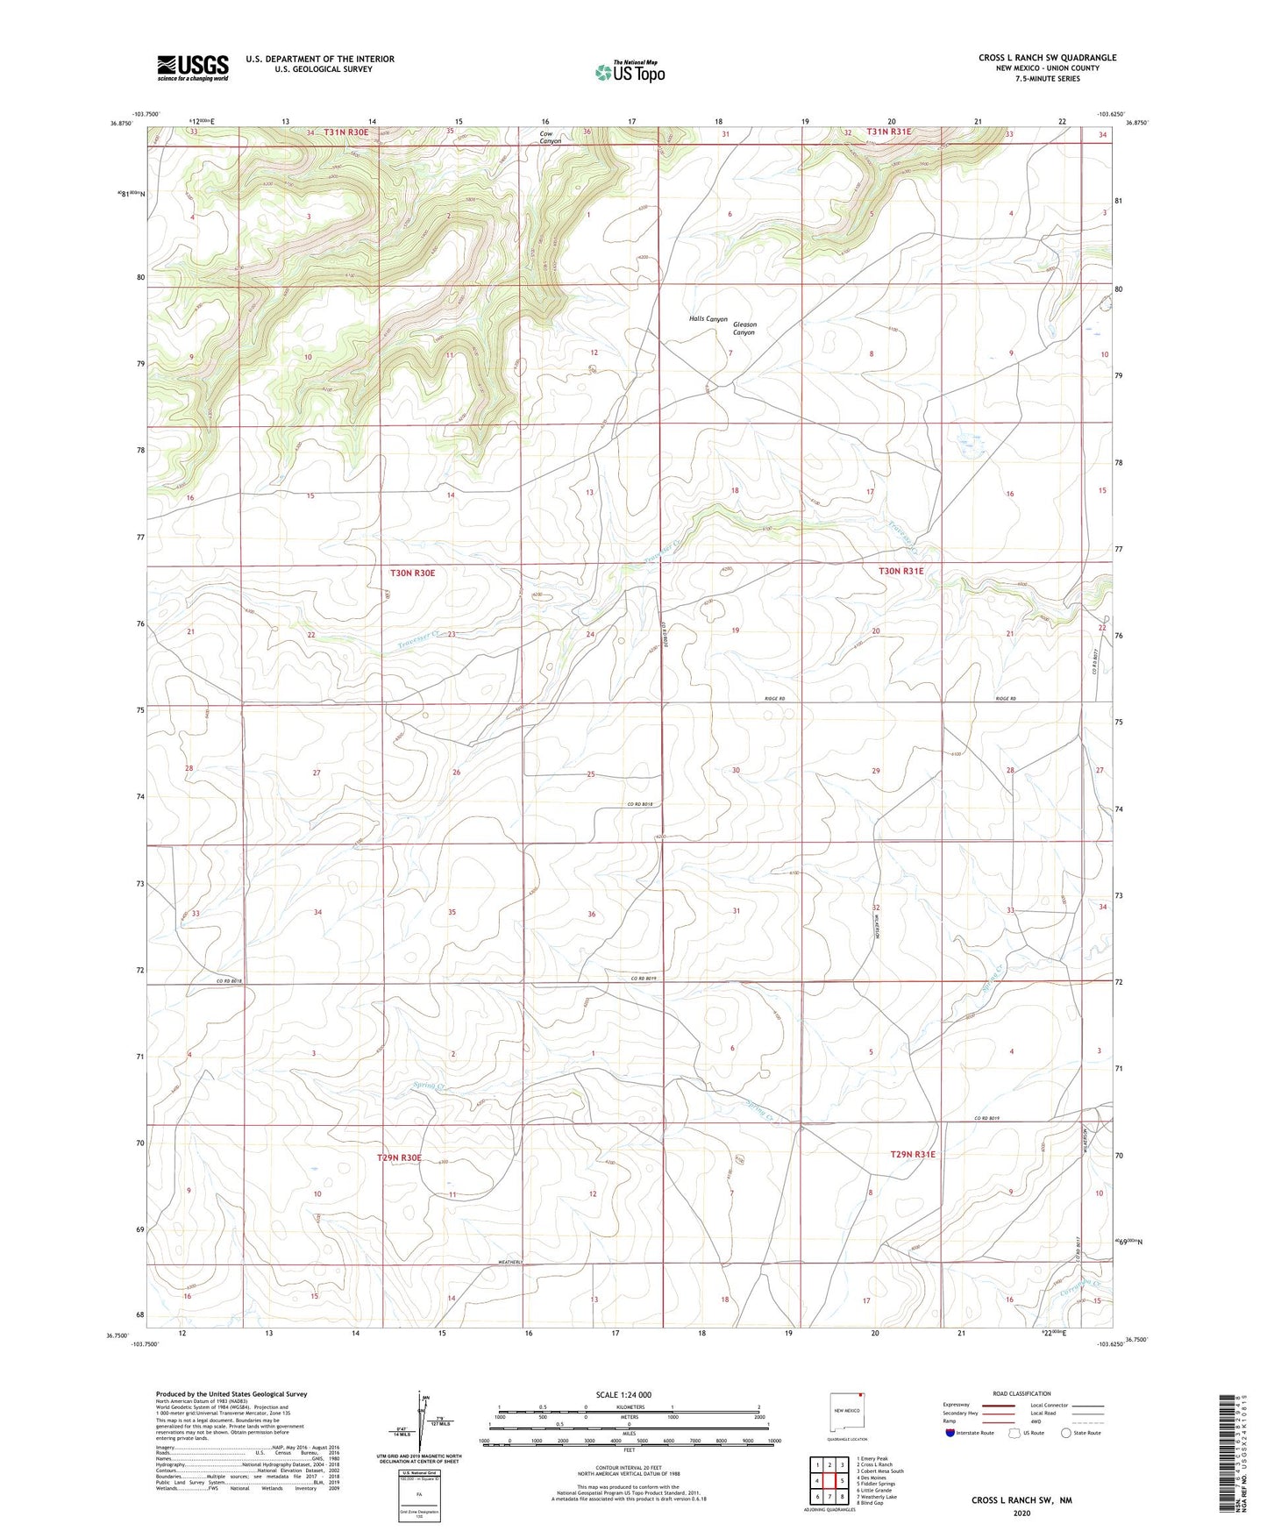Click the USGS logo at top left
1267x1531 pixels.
[x=193, y=68]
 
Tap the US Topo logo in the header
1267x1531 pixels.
[x=629, y=72]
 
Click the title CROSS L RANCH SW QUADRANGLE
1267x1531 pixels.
[x=1047, y=58]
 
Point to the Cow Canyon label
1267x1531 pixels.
[x=550, y=138]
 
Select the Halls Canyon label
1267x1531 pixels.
[x=708, y=319]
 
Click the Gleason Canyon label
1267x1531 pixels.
[x=744, y=329]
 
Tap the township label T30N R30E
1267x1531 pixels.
[x=412, y=573]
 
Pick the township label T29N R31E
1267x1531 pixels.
[x=913, y=1154]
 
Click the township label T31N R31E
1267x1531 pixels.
[x=889, y=132]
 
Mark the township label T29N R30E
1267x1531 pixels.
[x=399, y=1157]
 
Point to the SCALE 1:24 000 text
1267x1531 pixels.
[x=629, y=1394]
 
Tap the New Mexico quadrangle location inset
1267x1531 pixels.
[x=846, y=1411]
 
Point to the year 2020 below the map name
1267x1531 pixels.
[x=1021, y=1513]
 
